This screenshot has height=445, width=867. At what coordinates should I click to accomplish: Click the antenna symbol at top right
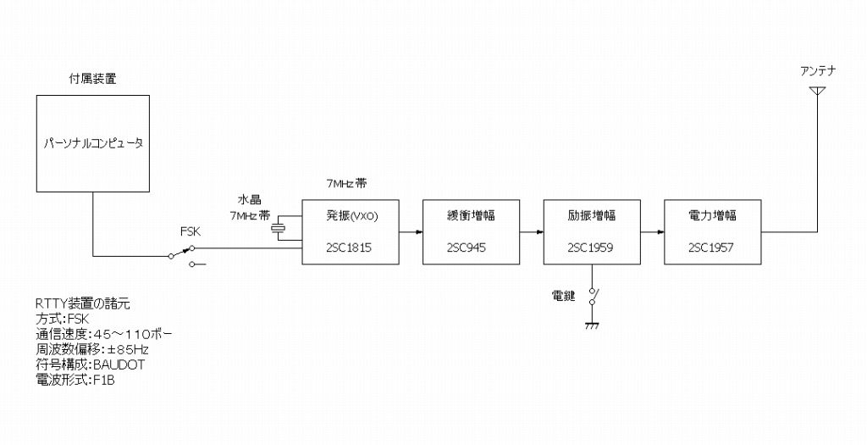point(817,91)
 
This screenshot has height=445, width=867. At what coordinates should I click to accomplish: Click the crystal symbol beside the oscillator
point(277,228)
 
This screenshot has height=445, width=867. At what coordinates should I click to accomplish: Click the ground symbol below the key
point(592,325)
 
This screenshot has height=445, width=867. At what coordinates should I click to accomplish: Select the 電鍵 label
point(563,296)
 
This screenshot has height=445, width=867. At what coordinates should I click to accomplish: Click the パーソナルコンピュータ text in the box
point(93,143)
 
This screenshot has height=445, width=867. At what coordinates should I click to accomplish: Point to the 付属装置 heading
point(92,80)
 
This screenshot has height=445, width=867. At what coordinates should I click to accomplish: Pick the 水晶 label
point(249,201)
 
